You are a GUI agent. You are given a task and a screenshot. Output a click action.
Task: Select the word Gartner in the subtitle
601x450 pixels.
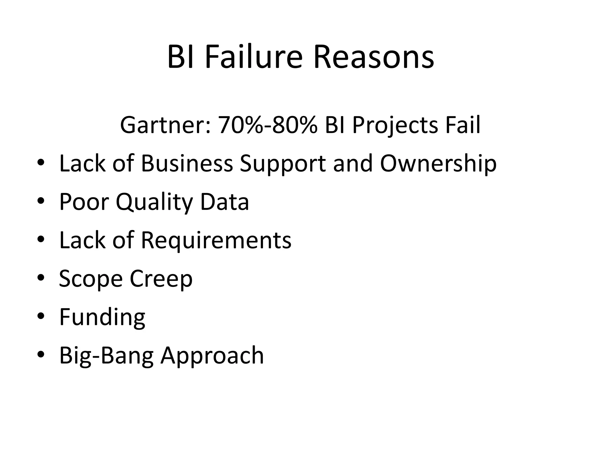(x=165, y=125)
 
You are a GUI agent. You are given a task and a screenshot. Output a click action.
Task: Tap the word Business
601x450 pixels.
(x=187, y=163)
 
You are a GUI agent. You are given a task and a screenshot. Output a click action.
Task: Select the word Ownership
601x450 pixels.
(x=438, y=164)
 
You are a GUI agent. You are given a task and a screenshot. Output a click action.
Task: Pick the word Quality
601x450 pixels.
(x=154, y=202)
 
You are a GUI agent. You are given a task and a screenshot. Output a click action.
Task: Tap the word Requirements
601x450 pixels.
(x=216, y=241)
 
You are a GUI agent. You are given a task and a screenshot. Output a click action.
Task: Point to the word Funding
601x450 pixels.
(x=102, y=317)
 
